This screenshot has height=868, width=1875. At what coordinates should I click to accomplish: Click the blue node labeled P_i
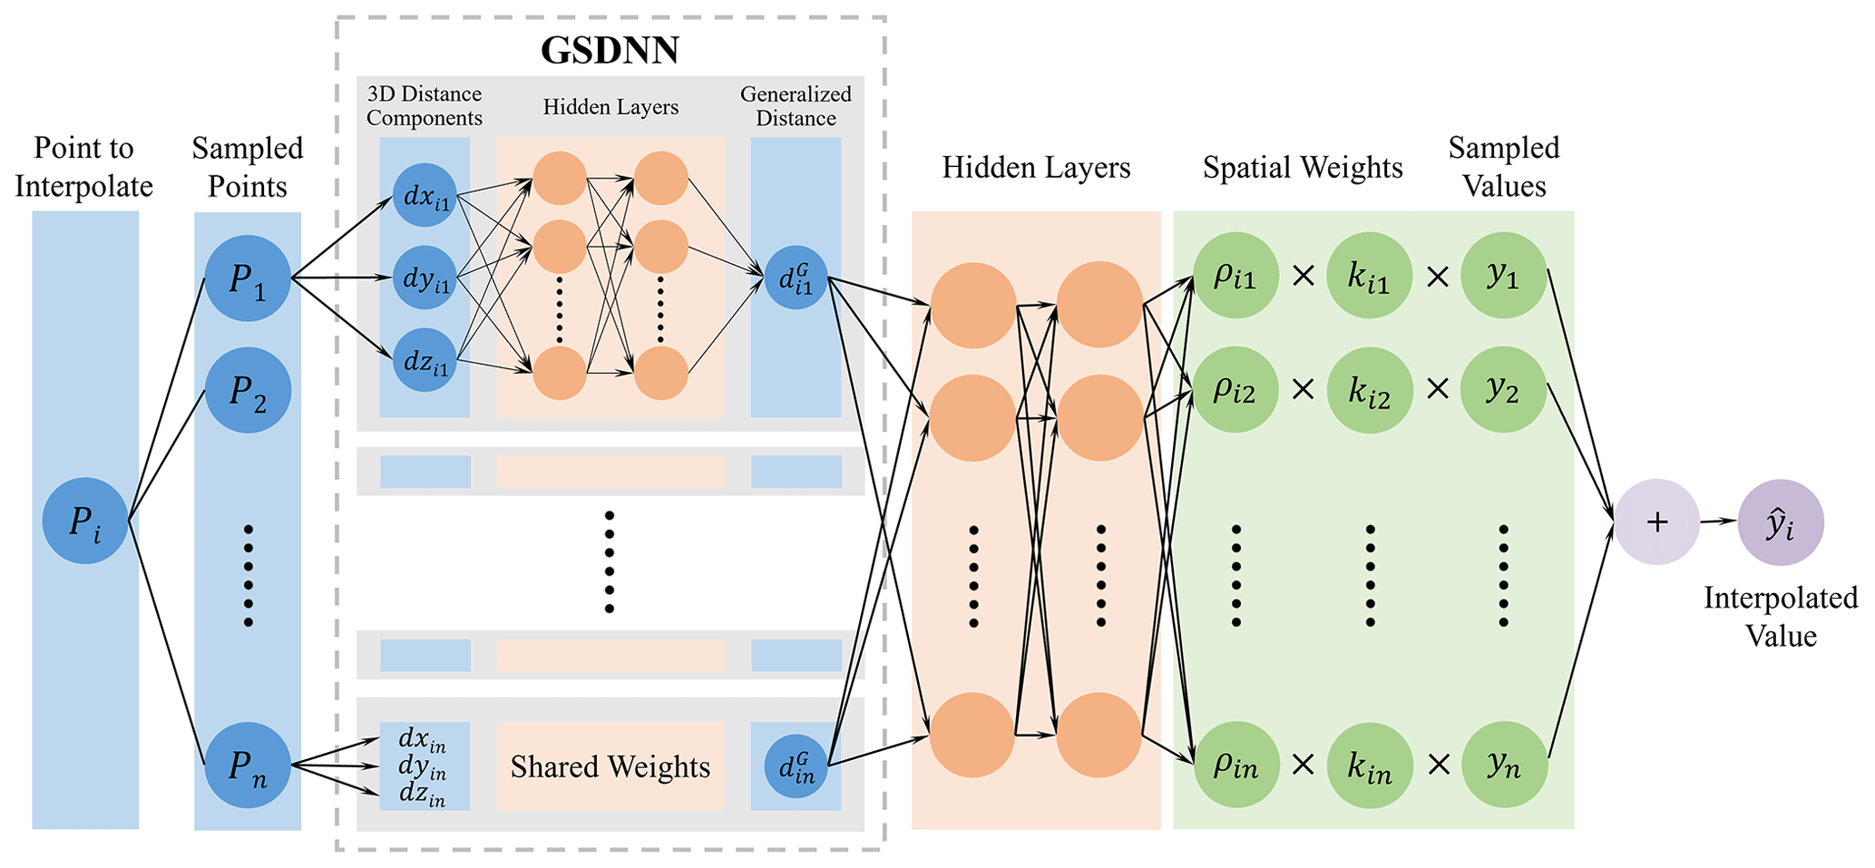(x=84, y=521)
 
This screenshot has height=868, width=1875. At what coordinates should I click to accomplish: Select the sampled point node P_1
(x=248, y=278)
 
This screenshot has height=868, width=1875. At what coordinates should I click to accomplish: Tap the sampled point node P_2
(x=248, y=390)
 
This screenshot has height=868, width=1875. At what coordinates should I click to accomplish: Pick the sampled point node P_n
(x=248, y=765)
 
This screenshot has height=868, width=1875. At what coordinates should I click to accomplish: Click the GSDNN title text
(x=610, y=50)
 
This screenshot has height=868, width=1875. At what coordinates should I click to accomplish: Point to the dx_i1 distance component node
(x=425, y=195)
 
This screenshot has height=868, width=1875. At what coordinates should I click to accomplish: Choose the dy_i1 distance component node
(x=425, y=278)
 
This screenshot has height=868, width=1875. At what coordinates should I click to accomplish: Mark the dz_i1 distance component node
(x=425, y=360)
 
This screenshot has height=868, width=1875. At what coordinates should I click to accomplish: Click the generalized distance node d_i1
(x=796, y=278)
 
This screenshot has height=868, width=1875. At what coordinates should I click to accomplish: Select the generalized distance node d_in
(x=796, y=766)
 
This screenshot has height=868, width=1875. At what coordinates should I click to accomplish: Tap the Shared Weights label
(x=610, y=766)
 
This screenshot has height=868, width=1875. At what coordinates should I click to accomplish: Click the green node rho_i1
(x=1235, y=275)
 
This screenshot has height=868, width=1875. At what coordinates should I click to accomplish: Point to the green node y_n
(x=1504, y=765)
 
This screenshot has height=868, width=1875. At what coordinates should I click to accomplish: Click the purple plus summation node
(x=1656, y=522)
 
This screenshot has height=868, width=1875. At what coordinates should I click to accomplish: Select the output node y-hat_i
(x=1780, y=522)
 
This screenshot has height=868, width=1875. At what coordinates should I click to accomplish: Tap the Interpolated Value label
(x=1780, y=617)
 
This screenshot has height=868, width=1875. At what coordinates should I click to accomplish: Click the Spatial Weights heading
(x=1303, y=168)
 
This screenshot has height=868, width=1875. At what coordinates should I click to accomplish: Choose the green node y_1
(x=1504, y=275)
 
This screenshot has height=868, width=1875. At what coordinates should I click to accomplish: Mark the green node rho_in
(x=1235, y=765)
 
